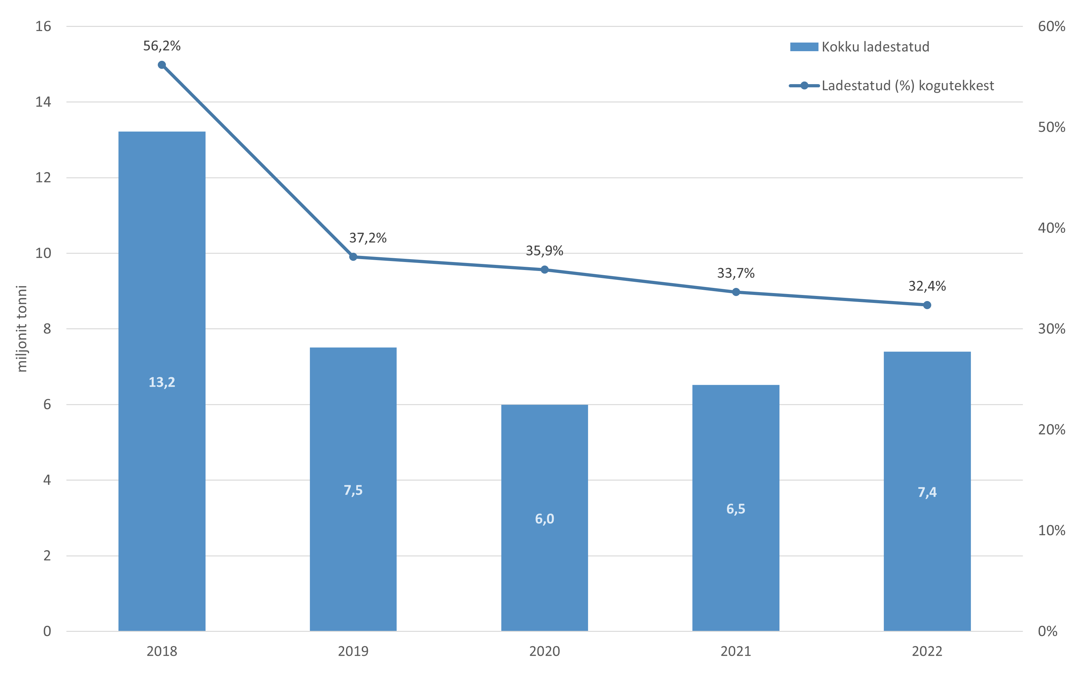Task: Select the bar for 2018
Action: (162, 381)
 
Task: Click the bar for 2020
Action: (544, 518)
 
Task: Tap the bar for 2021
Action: (736, 508)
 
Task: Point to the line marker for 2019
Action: (353, 257)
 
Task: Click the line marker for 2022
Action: (927, 305)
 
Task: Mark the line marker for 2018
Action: (162, 65)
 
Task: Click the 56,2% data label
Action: (162, 46)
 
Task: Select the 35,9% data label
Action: (544, 251)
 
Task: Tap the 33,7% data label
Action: (736, 273)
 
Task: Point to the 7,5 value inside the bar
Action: (353, 490)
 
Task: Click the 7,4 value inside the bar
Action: (927, 492)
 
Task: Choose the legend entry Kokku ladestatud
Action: (859, 47)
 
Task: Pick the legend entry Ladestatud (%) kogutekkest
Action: (891, 85)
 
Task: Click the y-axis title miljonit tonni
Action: (22, 329)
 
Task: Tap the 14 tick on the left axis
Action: (43, 102)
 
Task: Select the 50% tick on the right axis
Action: (1051, 127)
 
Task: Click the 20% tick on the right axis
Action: (1051, 430)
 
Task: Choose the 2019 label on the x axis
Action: (353, 651)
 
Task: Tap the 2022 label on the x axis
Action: (927, 651)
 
